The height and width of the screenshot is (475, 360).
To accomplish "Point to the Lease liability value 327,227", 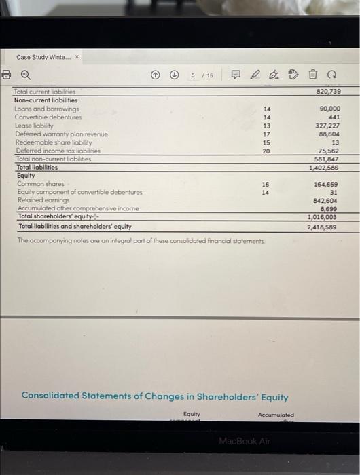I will click(327, 126).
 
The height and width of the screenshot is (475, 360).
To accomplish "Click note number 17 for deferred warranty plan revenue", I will click(266, 134).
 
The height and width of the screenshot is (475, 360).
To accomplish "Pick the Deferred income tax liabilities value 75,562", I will click(329, 151).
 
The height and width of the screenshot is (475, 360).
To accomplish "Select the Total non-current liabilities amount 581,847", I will click(327, 159).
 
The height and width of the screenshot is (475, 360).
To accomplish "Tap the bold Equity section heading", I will click(26, 175).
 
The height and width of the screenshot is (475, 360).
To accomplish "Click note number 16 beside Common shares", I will click(266, 184).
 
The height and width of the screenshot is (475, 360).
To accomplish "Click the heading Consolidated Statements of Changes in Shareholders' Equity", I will click(155, 396).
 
